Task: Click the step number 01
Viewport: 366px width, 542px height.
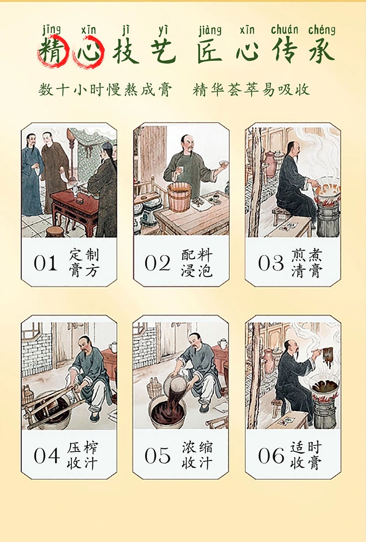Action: point(45,263)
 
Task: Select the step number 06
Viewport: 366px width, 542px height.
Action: point(271,455)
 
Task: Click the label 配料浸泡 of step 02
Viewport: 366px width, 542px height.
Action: point(197,263)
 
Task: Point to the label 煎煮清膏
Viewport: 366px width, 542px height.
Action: point(307,263)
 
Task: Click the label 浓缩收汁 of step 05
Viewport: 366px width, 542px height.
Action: point(197,455)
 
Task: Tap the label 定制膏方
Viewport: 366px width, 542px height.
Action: point(84,263)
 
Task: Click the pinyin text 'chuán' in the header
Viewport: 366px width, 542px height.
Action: point(285,30)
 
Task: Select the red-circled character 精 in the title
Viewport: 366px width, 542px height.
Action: point(51,50)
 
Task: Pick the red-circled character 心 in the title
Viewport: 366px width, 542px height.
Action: point(88,51)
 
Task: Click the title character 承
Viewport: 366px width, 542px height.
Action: point(322,50)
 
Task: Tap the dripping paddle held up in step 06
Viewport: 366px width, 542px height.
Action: point(327,355)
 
